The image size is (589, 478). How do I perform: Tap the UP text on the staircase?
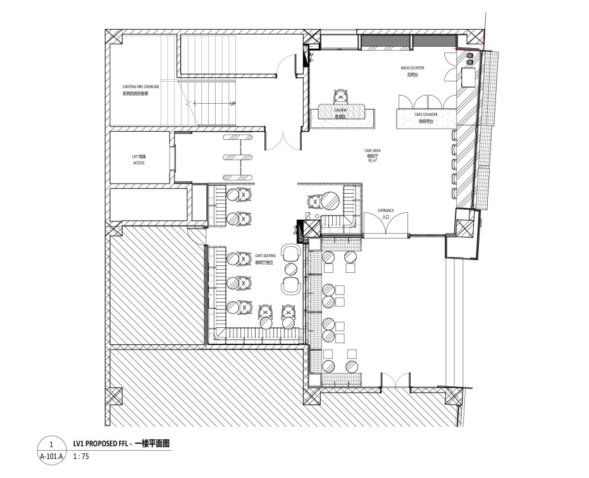point(232,103)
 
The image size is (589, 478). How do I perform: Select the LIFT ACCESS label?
point(139,159)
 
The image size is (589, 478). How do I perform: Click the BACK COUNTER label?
point(412,71)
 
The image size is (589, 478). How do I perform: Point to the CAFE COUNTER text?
point(426,117)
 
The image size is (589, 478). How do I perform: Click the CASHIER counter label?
point(340,113)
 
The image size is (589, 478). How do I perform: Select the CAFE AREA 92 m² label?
point(372,155)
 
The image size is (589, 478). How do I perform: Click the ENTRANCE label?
point(386,213)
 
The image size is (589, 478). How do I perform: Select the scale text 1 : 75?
point(80,456)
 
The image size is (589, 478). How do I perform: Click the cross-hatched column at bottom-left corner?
point(115,397)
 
